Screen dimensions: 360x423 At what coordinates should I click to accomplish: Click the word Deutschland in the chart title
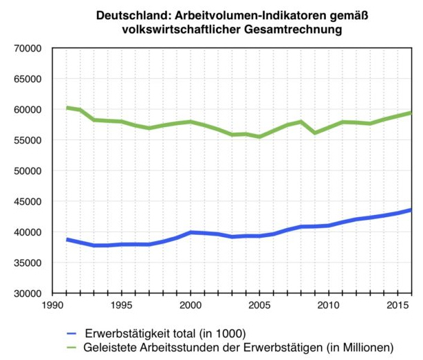127,14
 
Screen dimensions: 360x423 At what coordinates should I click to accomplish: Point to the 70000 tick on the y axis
28,48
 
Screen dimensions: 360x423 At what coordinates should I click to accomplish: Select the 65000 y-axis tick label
28,79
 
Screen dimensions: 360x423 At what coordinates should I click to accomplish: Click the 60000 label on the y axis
28,109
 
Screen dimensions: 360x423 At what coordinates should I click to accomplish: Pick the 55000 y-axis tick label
28,140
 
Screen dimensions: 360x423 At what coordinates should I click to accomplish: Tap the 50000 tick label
28,170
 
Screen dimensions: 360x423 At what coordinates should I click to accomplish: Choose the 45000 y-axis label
28,201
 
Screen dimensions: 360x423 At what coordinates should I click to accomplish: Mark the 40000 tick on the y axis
28,232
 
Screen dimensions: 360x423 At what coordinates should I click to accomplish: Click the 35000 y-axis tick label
28,262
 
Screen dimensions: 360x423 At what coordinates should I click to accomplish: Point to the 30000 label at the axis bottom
28,293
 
